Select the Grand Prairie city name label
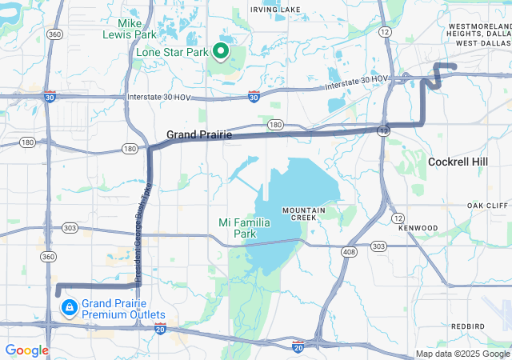coord(199,135)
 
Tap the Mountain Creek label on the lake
coord(303,214)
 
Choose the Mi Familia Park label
coord(244,228)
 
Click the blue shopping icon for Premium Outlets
coord(70,306)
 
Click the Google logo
coord(26,350)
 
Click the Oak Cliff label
coord(487,206)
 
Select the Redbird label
coord(467,326)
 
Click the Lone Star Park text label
coord(172,53)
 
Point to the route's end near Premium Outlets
coord(58,293)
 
